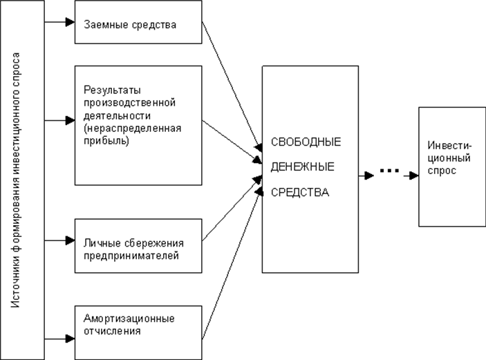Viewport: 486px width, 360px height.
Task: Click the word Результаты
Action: pos(106,91)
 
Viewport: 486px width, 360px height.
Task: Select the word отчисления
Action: pos(112,330)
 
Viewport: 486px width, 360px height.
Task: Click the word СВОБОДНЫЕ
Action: pos(295,142)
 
